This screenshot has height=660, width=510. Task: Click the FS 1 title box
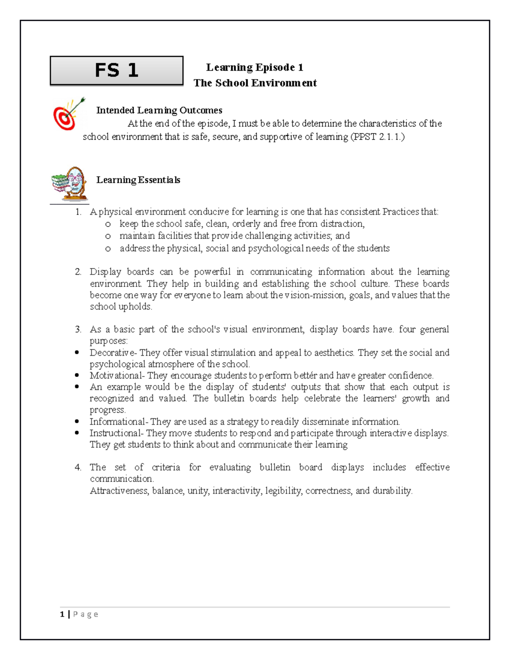pos(116,71)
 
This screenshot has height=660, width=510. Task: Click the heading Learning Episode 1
pos(255,68)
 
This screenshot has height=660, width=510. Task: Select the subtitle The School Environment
pos(255,83)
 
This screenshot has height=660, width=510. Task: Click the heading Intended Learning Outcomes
pos(159,110)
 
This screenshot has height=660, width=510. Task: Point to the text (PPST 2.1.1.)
pos(377,137)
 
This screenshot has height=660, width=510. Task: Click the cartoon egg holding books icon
pos(70,184)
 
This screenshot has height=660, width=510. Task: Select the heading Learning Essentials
pos(138,180)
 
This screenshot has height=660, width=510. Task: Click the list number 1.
pos(78,212)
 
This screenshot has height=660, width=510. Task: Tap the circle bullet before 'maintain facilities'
pos(108,236)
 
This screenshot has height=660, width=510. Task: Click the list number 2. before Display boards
pos(78,272)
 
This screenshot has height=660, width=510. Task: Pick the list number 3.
pos(78,329)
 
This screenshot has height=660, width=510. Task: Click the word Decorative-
pos(113,353)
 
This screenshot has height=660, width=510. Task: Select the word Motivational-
pos(117,376)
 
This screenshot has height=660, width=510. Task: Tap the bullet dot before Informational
pos(77,422)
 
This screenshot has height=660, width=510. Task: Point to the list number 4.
pos(78,467)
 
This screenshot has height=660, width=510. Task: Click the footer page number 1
pos(62,614)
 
